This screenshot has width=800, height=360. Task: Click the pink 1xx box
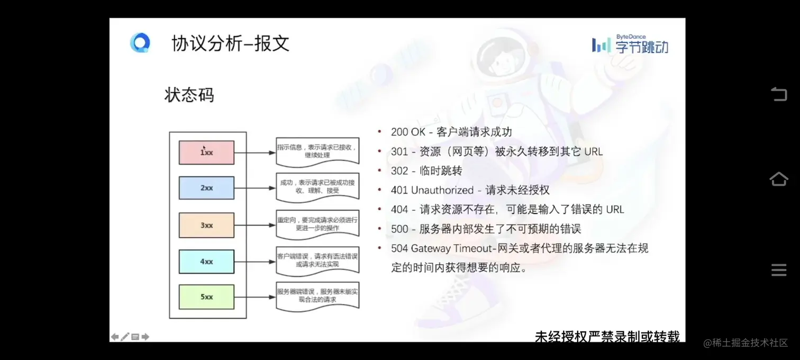(x=206, y=152)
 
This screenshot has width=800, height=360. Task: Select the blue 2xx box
(x=206, y=188)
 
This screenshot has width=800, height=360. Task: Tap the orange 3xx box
(x=206, y=225)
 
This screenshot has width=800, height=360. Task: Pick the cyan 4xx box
(x=206, y=262)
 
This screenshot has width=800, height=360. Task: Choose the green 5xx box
(x=206, y=297)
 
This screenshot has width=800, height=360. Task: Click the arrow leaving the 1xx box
(x=254, y=153)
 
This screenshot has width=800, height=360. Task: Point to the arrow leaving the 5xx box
(x=254, y=297)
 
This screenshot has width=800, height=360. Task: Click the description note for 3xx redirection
(x=317, y=224)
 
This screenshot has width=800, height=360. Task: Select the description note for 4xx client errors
(x=317, y=260)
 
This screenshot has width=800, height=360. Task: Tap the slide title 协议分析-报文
(x=231, y=43)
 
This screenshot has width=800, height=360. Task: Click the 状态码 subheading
(x=189, y=95)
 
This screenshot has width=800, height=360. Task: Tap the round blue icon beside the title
(x=140, y=43)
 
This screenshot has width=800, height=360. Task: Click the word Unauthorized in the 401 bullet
(x=442, y=190)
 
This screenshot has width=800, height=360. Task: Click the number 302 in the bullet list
(x=399, y=171)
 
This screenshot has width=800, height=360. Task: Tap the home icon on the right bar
(x=778, y=179)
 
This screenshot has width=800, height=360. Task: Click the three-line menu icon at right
(x=778, y=270)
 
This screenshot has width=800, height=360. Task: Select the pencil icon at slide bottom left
(x=125, y=337)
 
